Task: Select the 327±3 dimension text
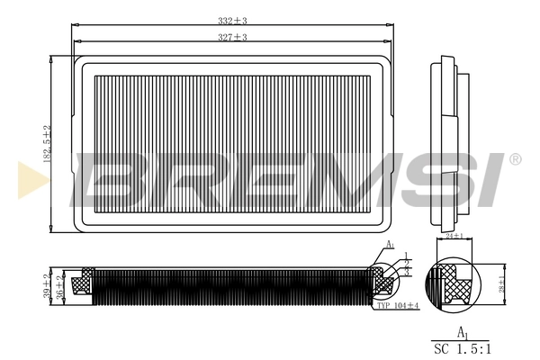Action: pos(232,37)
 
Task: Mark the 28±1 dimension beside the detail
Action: pos(502,278)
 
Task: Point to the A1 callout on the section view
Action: pos(390,246)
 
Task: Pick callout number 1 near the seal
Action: pos(407,256)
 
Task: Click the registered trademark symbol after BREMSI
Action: pos(515,159)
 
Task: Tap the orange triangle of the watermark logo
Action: pos(25,179)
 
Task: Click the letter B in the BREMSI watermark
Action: pos(112,179)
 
